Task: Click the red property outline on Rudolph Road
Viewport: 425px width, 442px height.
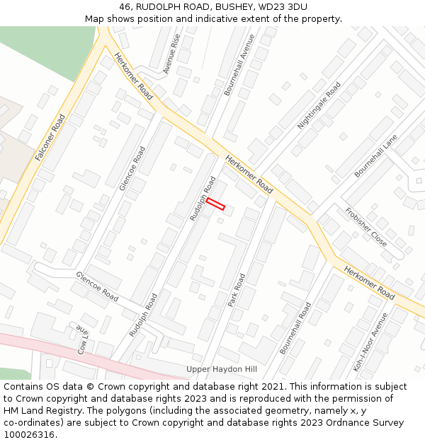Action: point(215,204)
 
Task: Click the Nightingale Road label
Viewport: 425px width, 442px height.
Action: point(319,105)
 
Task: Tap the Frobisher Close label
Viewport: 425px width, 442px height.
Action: point(366,227)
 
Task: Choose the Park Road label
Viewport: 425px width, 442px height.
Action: point(236,290)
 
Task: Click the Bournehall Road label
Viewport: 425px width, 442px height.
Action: point(295,328)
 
